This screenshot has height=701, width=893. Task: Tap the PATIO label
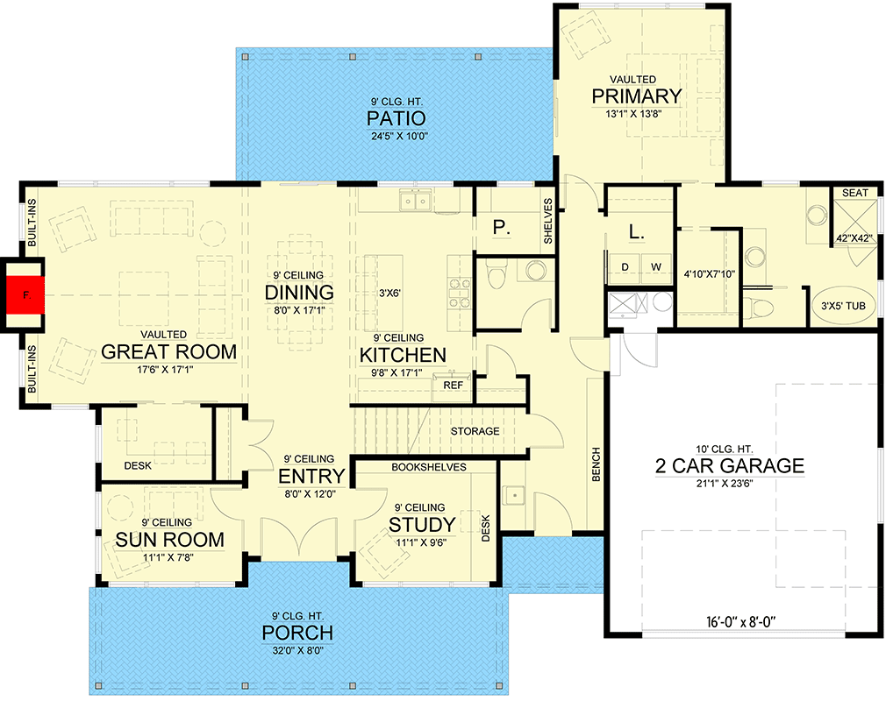(396, 118)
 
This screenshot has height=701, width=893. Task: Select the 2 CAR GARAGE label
(729, 465)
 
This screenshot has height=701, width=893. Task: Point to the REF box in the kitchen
(454, 385)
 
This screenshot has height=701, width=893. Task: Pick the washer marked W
(654, 266)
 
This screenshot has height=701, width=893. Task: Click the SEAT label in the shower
(854, 192)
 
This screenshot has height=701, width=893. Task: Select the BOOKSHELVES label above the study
(429, 467)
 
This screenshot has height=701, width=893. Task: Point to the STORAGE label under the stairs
(475, 431)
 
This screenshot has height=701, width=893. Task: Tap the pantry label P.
(501, 228)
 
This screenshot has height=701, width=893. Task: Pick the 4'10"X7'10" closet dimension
(707, 273)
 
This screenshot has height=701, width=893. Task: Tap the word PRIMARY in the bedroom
(636, 96)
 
